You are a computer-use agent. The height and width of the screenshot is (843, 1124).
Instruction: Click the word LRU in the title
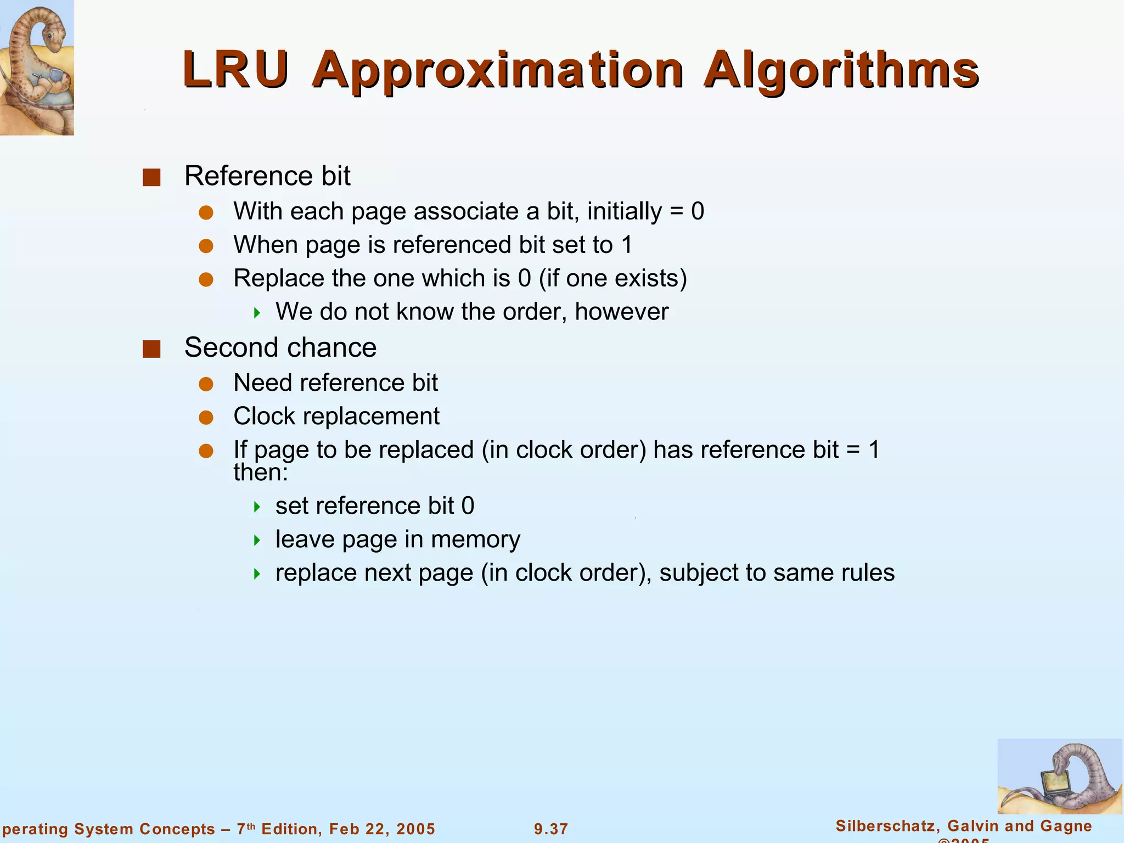tap(236, 70)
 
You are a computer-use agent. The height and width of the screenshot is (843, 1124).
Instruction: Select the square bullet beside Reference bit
tap(151, 177)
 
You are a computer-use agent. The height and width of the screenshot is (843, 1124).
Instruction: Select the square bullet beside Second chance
tap(151, 349)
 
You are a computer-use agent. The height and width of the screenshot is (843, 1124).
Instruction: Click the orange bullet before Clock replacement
tap(206, 418)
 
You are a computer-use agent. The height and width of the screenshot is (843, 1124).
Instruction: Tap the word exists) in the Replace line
tap(650, 278)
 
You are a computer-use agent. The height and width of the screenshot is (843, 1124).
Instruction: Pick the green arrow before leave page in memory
tap(257, 541)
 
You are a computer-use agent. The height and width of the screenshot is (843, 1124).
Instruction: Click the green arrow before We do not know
tap(257, 313)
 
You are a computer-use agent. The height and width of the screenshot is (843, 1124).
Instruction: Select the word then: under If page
tap(261, 473)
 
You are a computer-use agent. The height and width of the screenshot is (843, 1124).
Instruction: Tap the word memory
tap(475, 540)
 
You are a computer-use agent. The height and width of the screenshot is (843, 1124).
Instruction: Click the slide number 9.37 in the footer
tap(551, 829)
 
